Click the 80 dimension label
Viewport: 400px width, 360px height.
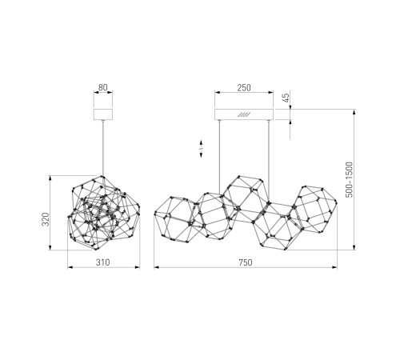click(103, 87)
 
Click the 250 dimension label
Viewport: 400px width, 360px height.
click(244, 87)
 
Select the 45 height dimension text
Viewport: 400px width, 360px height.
click(286, 98)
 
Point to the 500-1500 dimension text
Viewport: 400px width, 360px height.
click(349, 179)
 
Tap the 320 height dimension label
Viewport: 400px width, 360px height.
click(46, 219)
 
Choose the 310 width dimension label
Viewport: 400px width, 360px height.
click(103, 262)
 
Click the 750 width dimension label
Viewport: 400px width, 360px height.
click(246, 262)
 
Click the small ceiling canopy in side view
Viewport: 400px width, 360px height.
click(103, 114)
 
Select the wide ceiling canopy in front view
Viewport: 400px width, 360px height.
click(244, 114)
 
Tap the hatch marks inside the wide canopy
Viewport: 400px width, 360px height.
click(244, 114)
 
